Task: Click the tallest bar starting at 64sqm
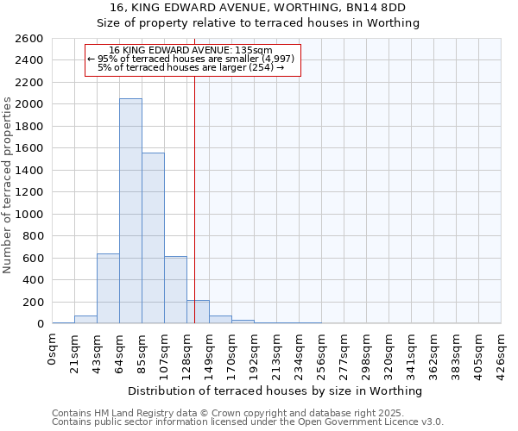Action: coord(130,211)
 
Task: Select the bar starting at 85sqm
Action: coord(153,238)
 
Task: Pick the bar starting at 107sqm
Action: coord(175,290)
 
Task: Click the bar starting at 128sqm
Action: coord(198,312)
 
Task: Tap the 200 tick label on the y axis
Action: coord(35,302)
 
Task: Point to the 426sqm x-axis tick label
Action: coord(501,352)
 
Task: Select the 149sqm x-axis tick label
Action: coord(209,352)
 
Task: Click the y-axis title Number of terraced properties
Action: coord(8,185)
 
